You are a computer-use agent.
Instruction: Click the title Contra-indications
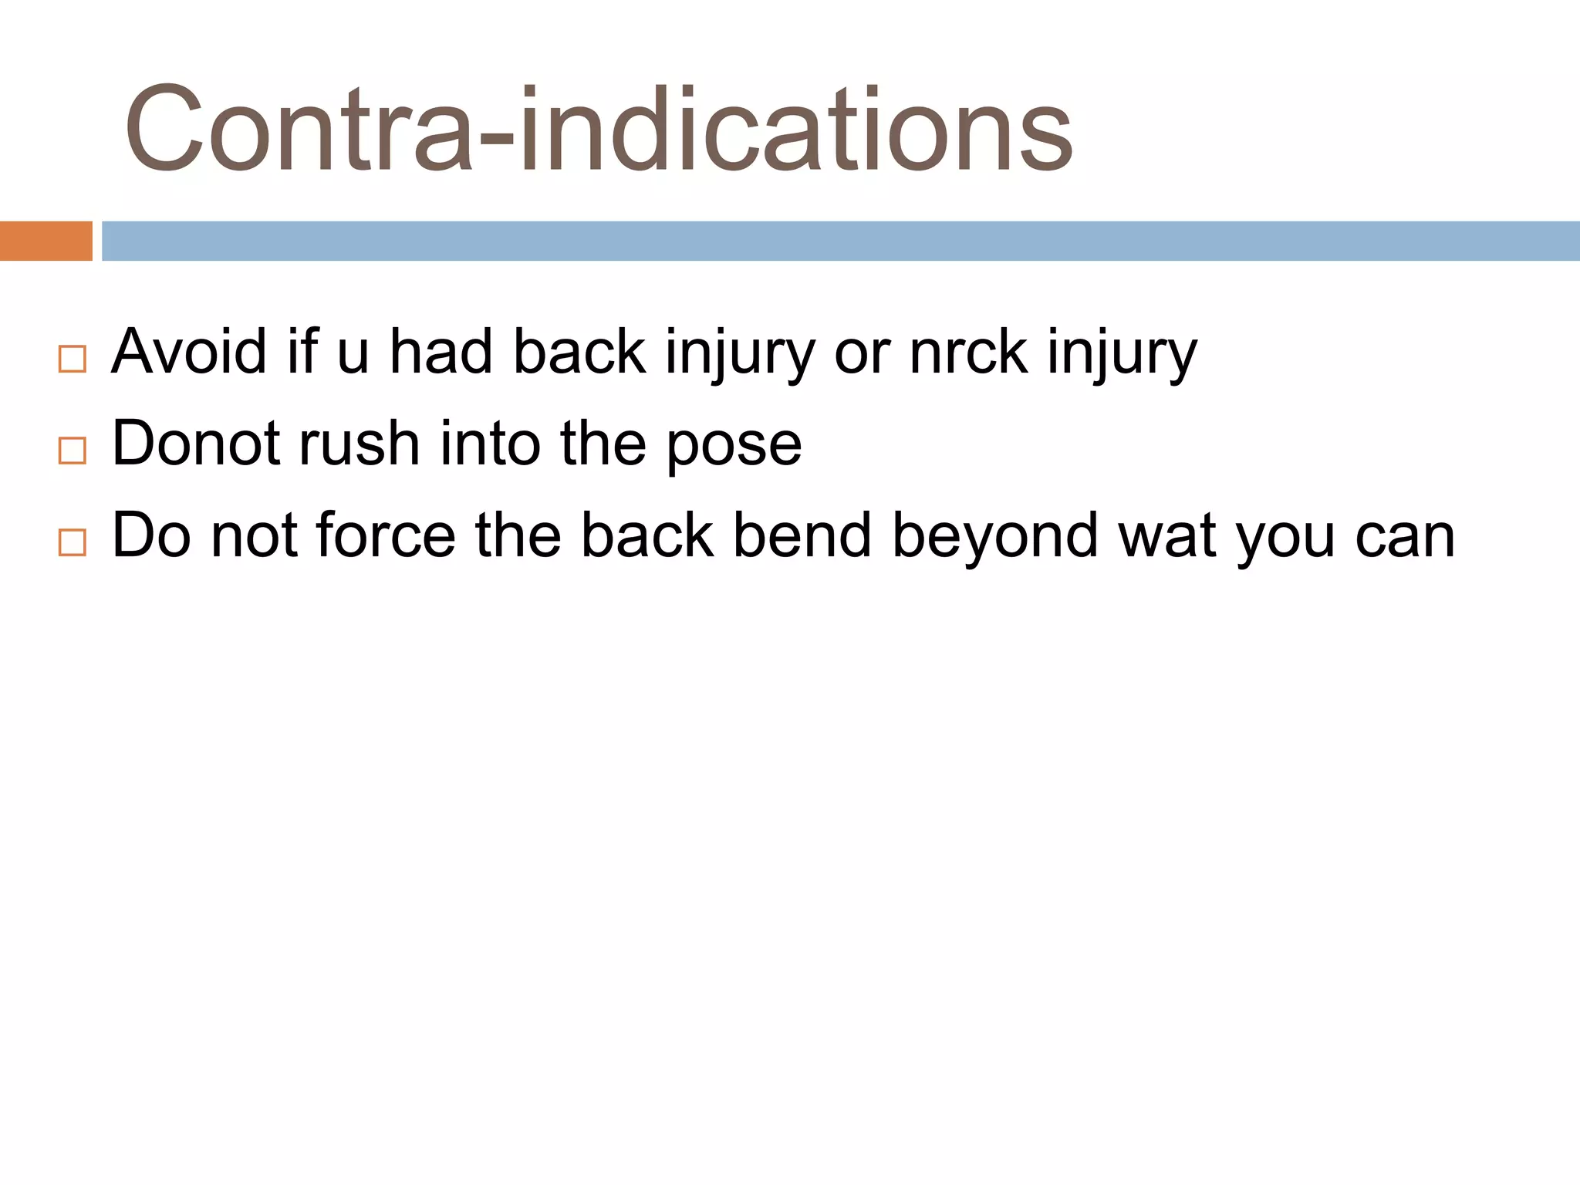tap(598, 129)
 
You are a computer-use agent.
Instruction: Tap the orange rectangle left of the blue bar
tap(46, 241)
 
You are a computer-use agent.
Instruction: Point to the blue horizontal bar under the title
tap(840, 241)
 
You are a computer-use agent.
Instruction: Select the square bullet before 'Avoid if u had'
tap(73, 359)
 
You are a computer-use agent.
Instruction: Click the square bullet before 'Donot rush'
tap(73, 451)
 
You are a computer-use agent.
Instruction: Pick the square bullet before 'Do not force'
tap(73, 542)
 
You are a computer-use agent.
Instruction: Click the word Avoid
tap(189, 352)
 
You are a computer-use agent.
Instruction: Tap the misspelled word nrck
tap(968, 352)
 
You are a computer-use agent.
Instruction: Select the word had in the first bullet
tap(441, 352)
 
